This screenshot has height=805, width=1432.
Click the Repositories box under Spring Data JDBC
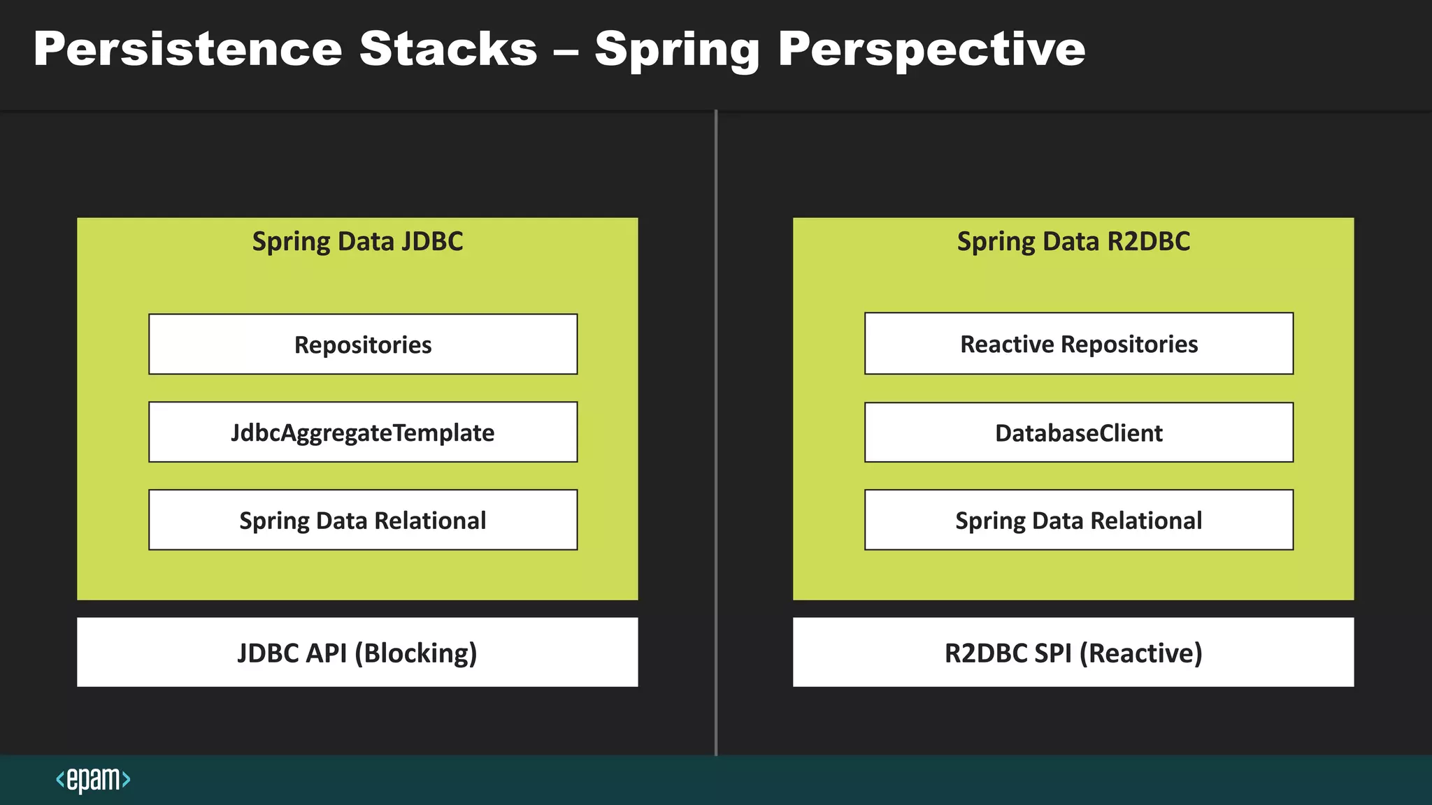[363, 345]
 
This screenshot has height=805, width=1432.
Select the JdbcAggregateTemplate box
[363, 433]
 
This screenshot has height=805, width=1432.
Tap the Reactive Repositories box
[1079, 344]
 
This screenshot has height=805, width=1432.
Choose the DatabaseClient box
[1079, 433]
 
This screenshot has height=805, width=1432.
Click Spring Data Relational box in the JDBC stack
[363, 521]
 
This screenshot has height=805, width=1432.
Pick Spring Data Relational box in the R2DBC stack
[1079, 521]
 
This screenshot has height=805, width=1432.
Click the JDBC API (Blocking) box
[357, 653]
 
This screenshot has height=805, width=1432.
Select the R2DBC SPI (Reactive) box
[1073, 653]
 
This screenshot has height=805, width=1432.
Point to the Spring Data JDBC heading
[357, 242]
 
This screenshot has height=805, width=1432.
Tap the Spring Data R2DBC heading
[1073, 242]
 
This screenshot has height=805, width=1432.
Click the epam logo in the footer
[93, 779]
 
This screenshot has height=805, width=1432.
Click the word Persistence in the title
[187, 49]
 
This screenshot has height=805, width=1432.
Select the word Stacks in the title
[448, 49]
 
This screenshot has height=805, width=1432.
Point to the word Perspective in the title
[931, 49]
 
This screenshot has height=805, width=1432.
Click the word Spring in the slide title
[677, 50]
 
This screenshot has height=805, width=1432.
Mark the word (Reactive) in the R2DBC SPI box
[1141, 653]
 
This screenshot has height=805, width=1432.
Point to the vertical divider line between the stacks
[716, 433]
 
